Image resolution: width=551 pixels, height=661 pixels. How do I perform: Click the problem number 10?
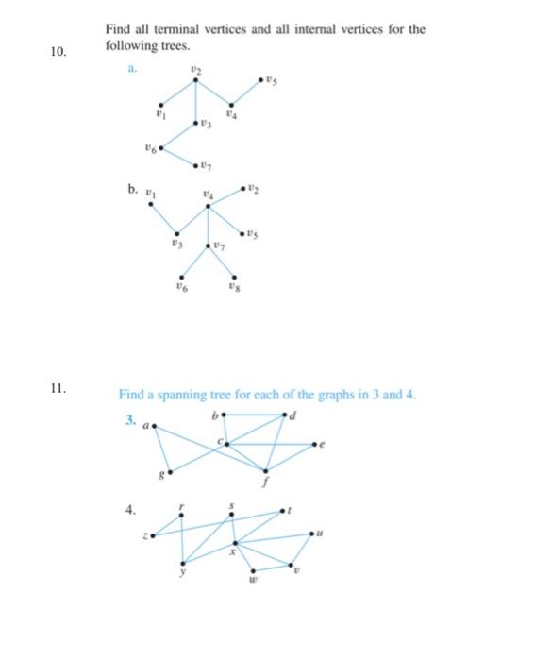[x=58, y=53]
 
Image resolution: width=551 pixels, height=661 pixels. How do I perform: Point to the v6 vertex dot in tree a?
[x=163, y=148]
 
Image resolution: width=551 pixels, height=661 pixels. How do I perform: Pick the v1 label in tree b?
[x=146, y=191]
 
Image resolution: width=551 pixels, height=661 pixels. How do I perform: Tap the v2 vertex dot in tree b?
[x=248, y=191]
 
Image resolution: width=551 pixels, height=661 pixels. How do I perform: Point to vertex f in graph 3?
[x=267, y=470]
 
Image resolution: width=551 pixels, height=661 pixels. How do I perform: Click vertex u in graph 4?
[x=310, y=534]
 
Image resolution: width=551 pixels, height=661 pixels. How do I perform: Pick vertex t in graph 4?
[x=281, y=513]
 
